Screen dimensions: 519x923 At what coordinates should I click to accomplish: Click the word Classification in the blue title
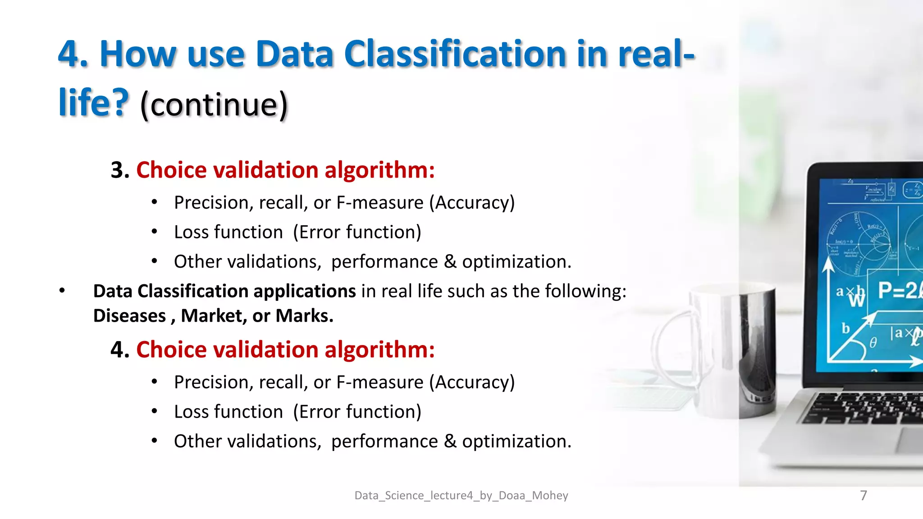(x=455, y=54)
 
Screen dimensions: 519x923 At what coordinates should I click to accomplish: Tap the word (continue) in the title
(x=214, y=105)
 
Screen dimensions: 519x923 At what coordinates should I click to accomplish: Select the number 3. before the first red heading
(x=120, y=170)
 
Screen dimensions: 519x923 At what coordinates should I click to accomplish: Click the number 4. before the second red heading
(x=120, y=350)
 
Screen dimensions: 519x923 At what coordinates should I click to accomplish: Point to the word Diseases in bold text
(x=129, y=316)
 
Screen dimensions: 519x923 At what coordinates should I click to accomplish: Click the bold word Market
(x=213, y=316)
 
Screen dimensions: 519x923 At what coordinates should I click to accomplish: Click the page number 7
(x=863, y=495)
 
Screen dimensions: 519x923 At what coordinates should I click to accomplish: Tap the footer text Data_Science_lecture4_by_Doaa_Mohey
(x=461, y=495)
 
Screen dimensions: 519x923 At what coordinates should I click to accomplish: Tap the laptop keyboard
(x=865, y=408)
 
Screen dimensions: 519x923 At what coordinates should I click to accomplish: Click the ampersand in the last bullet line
(x=450, y=441)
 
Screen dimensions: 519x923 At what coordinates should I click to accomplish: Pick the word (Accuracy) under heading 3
(x=471, y=203)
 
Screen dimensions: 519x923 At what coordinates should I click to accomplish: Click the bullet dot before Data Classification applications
(x=62, y=291)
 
